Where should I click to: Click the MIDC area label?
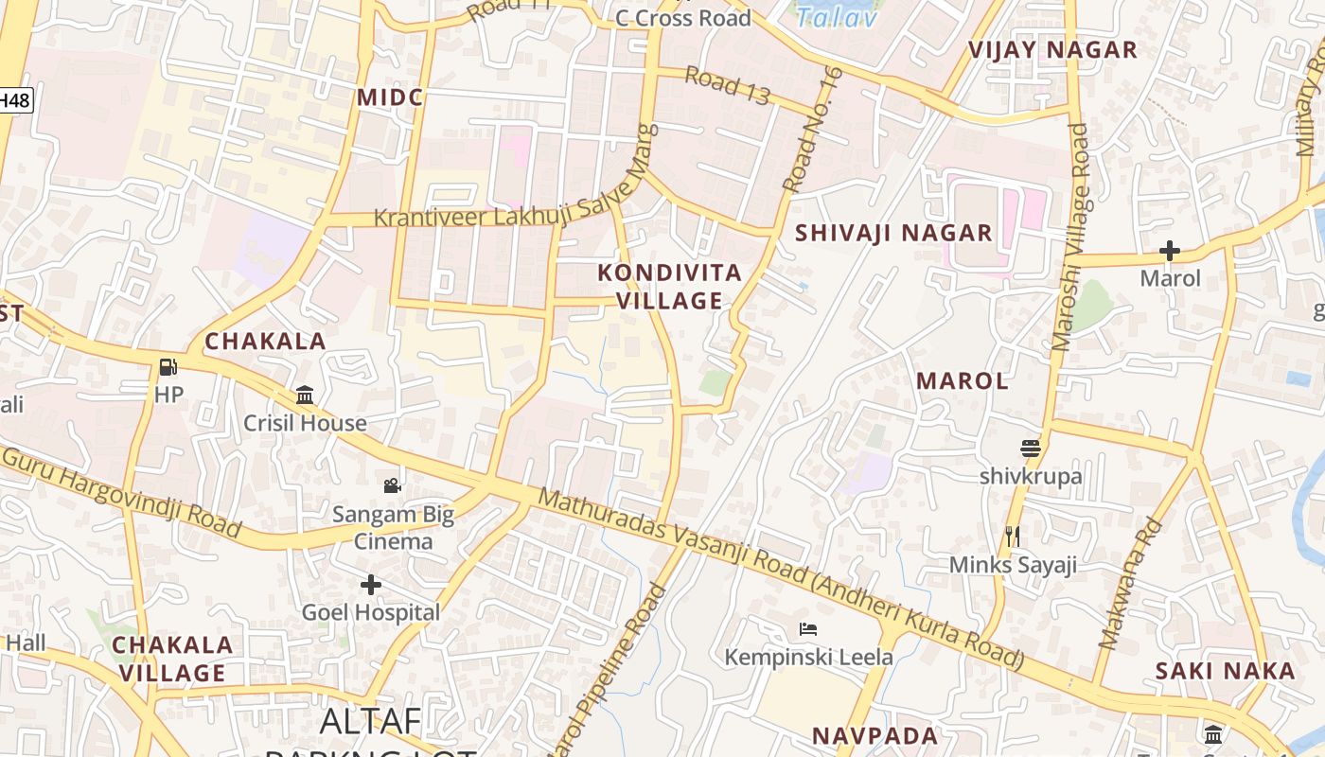coord(390,97)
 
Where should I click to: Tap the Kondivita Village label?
coord(670,287)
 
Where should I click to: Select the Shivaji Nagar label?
coord(893,233)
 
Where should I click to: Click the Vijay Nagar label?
coord(1052,50)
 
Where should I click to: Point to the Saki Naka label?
coord(1225,671)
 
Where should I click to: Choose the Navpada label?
coord(875,735)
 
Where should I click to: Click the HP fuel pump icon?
coord(168,367)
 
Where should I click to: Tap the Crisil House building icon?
coord(305,395)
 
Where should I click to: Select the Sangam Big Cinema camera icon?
coord(392,486)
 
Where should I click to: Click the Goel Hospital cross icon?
coord(371,585)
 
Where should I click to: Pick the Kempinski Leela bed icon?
coord(808,628)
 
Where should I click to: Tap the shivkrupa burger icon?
coord(1031,448)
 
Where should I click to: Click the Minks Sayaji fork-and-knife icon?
coord(1013,537)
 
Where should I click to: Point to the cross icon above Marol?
coord(1170,251)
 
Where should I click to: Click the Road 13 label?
coord(727,85)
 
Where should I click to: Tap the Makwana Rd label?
coord(1129,584)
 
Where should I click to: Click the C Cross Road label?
coord(682,18)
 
